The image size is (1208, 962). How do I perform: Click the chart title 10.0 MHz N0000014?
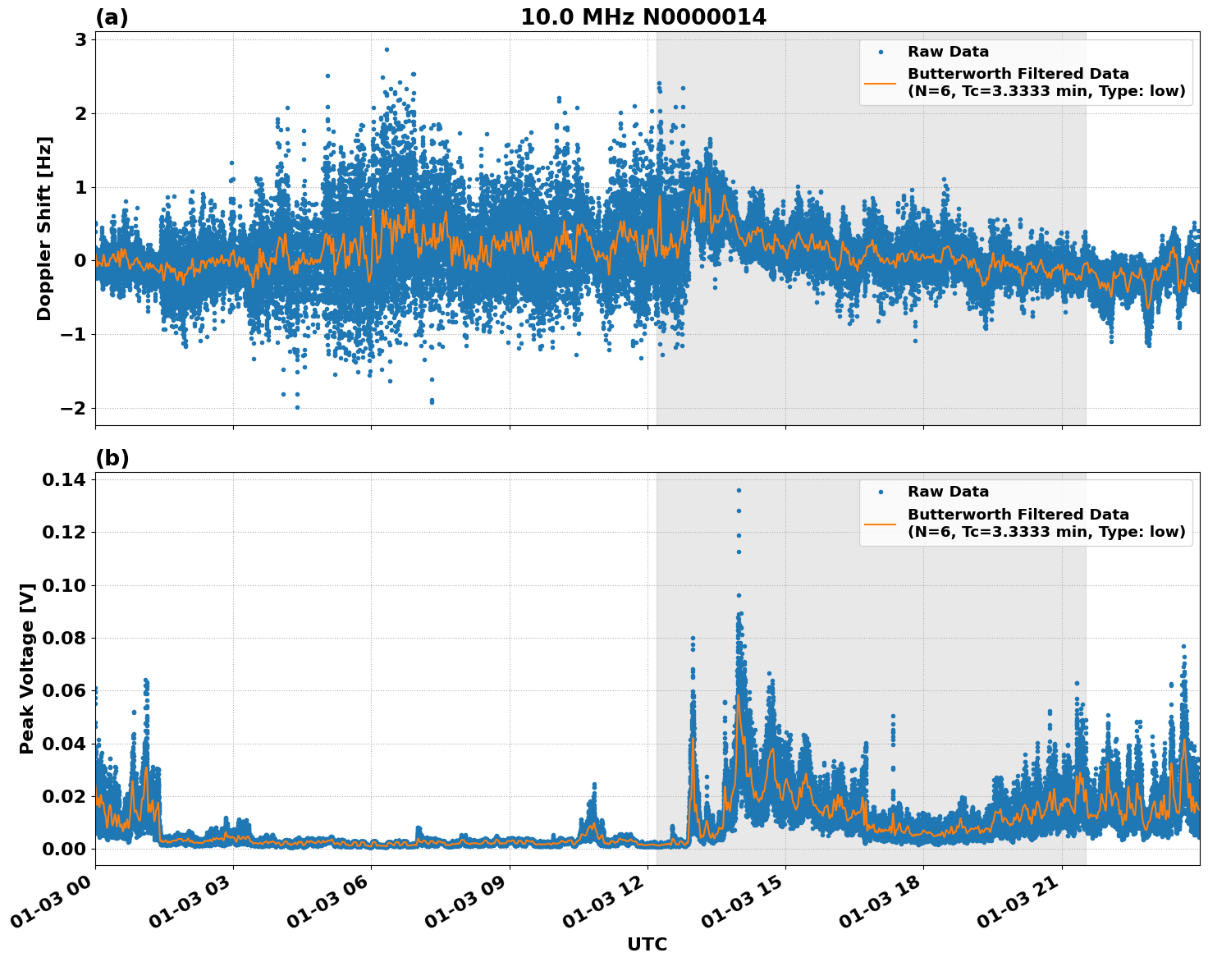click(643, 17)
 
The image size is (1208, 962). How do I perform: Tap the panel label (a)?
click(112, 17)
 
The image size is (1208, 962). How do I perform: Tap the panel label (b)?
click(112, 458)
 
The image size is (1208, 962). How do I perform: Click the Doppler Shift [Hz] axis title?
click(44, 228)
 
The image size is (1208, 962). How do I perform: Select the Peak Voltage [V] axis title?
click(27, 668)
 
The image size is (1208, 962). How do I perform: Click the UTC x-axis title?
click(647, 944)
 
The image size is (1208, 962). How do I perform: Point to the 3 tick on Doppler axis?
click(80, 40)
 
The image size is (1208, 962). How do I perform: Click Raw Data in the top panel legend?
click(948, 52)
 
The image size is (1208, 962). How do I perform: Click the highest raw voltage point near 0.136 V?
click(739, 490)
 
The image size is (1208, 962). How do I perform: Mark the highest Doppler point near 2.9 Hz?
click(387, 49)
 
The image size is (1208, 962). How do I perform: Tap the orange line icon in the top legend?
click(880, 82)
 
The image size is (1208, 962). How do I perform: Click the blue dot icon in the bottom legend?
click(880, 492)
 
